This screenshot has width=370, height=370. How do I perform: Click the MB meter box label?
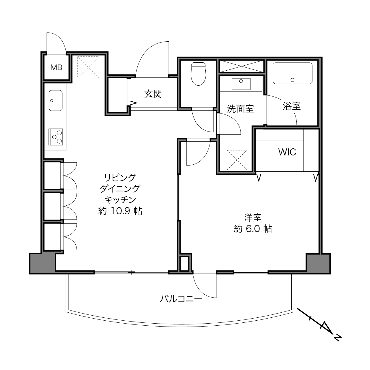(56, 67)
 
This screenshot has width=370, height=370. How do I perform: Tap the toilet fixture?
(198, 74)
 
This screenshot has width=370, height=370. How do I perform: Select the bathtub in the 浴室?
(293, 73)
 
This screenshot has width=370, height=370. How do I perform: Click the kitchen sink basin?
(56, 100)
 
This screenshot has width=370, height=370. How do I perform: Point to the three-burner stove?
(56, 137)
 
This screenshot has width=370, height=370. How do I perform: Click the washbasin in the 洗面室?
(241, 84)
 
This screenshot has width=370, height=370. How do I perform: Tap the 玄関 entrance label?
(153, 94)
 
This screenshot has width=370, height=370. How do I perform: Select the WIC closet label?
(287, 152)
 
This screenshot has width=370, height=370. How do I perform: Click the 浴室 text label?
(292, 106)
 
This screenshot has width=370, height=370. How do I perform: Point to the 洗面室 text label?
(240, 109)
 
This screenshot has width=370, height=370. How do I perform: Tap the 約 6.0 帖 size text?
(253, 229)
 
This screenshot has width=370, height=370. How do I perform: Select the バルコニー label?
(181, 299)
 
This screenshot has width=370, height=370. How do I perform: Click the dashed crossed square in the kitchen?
(88, 67)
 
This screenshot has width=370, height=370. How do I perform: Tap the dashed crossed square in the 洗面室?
(237, 160)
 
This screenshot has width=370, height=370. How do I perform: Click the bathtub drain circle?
(293, 80)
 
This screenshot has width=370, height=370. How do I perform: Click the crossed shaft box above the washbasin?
(241, 66)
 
